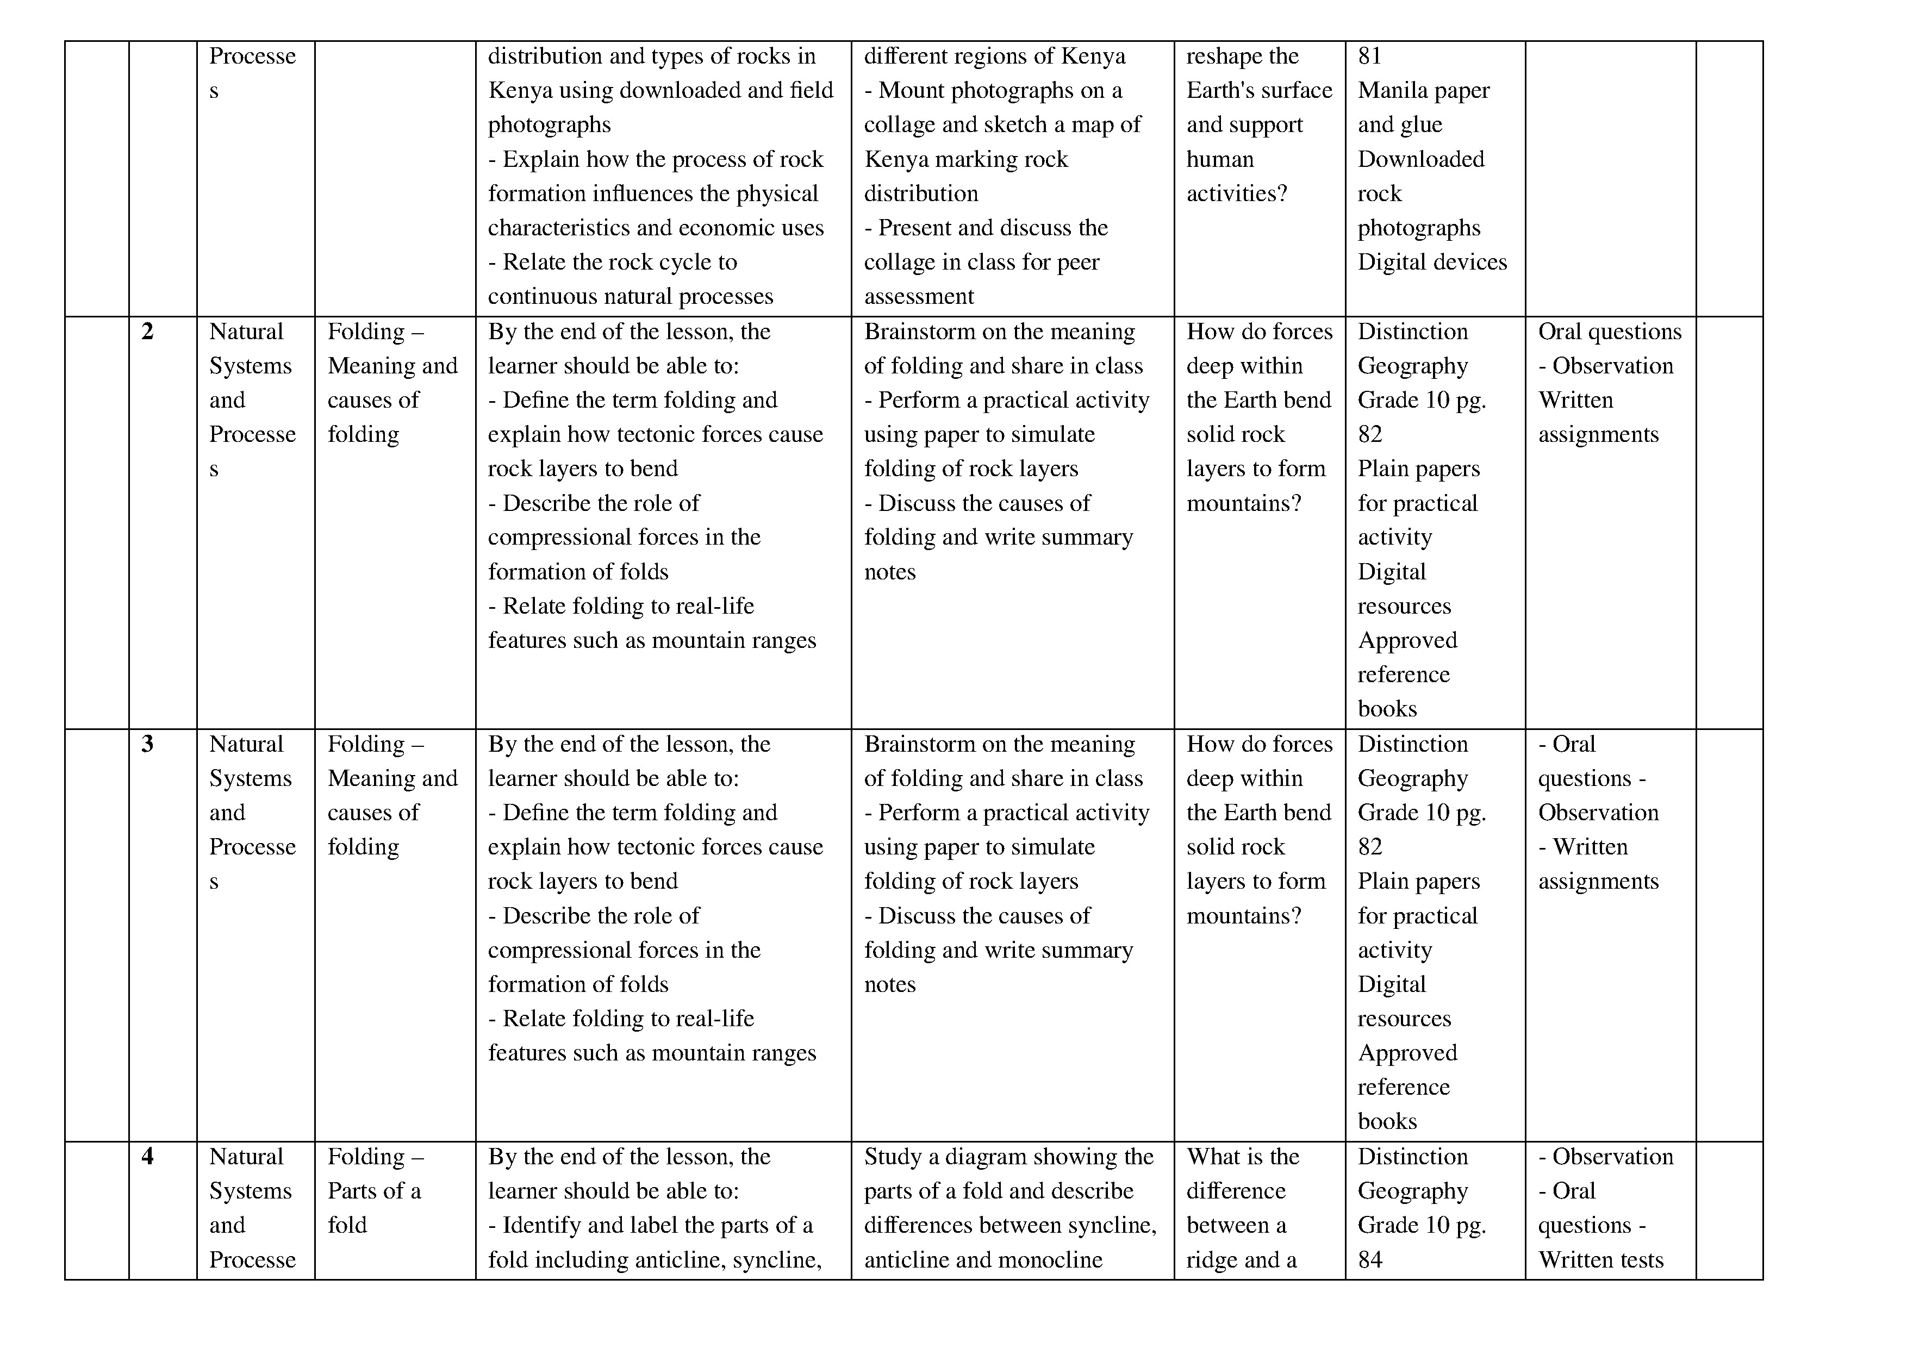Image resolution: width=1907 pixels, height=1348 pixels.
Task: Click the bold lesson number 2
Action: (148, 332)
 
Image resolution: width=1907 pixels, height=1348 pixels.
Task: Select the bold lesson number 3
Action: (148, 744)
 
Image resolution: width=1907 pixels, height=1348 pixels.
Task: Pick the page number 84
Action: (1369, 1260)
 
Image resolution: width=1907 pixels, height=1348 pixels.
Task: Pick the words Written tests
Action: (1600, 1260)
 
